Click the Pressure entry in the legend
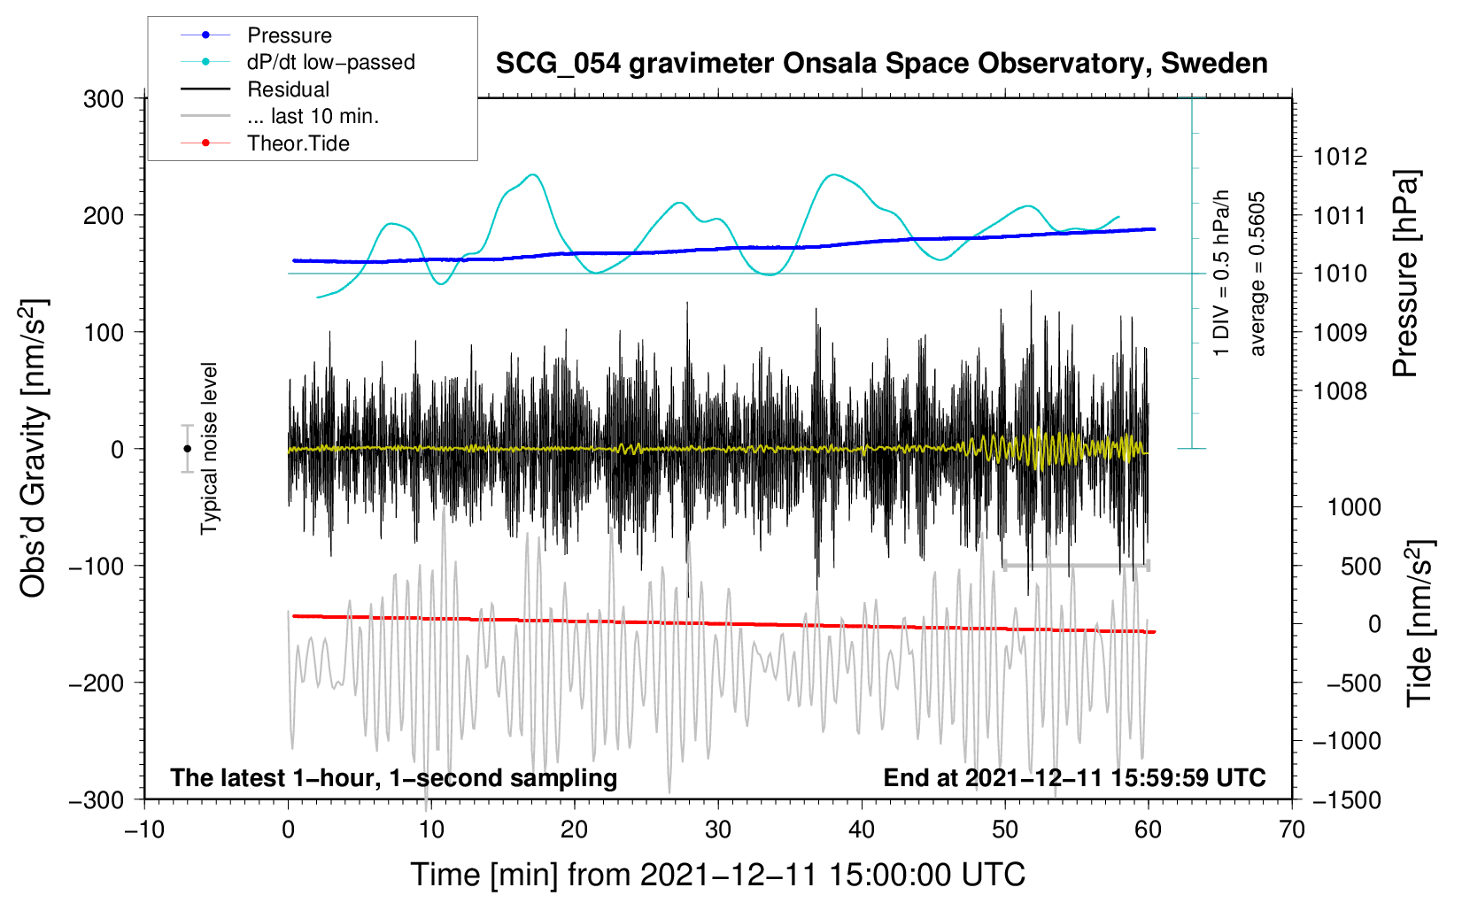[289, 35]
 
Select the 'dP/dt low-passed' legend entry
[330, 62]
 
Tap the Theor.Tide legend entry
[298, 143]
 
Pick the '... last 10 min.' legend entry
[313, 116]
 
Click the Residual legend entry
[288, 89]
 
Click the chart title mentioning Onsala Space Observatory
[881, 64]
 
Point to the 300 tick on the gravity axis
[104, 99]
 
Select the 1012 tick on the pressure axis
[1340, 157]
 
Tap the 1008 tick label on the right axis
[1340, 390]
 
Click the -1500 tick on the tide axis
[1346, 799]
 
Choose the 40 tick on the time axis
[861, 830]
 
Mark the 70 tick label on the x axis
[1291, 830]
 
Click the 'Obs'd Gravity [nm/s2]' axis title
[34, 449]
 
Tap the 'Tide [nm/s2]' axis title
[1420, 623]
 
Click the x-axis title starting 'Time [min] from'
[717, 875]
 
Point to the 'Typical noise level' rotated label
[209, 448]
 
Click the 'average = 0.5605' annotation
[1257, 274]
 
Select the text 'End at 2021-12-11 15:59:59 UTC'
[1074, 777]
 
